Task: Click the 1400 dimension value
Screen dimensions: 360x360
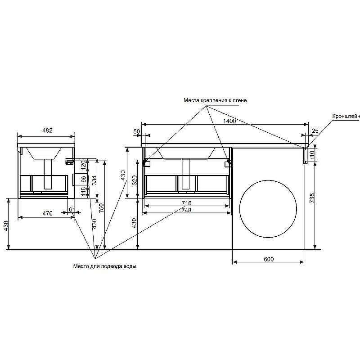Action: pos(229,121)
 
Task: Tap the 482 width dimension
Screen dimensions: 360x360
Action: pos(47,130)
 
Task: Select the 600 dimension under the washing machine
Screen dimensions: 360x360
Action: pos(269,259)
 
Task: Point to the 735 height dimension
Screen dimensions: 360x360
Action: pos(312,198)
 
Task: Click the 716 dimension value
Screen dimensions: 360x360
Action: pos(186,203)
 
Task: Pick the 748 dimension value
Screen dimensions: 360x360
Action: pos(186,210)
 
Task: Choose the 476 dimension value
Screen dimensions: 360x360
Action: pos(48,213)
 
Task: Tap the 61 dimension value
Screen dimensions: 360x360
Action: pos(72,209)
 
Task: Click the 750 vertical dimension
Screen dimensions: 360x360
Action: pos(101,208)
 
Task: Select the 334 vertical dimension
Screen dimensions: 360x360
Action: pos(94,180)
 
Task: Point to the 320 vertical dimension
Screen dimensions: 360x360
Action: pos(135,180)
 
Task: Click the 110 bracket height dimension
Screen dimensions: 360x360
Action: pos(312,155)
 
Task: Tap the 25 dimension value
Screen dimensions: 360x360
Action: pos(315,130)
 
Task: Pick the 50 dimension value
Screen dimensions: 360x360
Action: pos(137,131)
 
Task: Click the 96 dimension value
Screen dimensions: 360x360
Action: pos(84,179)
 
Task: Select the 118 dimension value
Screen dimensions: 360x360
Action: pos(84,191)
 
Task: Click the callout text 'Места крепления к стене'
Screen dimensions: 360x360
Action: pos(215,100)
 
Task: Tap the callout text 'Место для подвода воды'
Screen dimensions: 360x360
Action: pos(105,266)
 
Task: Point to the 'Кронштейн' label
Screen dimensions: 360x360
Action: pos(346,117)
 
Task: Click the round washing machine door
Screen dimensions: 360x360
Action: pos(268,209)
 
